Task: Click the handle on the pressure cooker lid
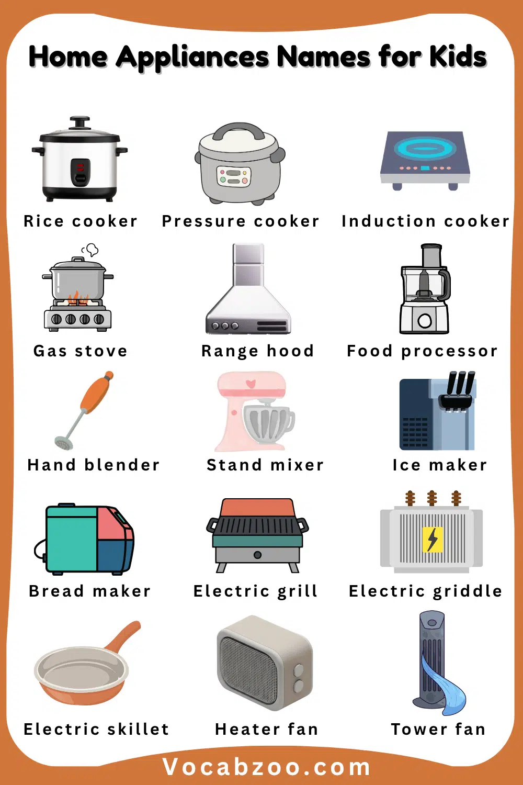pos(240,131)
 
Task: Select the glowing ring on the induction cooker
pos(425,148)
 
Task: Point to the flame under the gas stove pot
pos(76,299)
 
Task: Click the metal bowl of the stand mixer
pos(268,422)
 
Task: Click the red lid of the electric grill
pos(257,507)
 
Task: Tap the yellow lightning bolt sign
pos(432,540)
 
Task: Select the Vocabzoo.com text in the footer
pos(266,767)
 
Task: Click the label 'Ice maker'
pos(439,465)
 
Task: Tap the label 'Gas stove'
pos(80,351)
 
